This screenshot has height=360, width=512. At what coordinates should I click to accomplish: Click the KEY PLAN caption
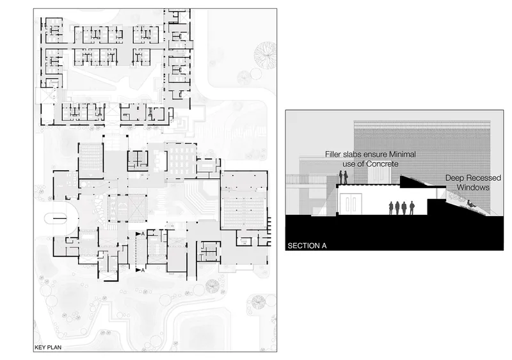coord(48,347)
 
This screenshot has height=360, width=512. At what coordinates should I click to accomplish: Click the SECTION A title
coord(307,246)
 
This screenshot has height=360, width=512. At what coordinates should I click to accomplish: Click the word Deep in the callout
coord(454,178)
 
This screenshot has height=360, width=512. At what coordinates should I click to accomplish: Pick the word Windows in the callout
coord(473,187)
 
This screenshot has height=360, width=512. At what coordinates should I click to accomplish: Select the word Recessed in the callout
coord(482,178)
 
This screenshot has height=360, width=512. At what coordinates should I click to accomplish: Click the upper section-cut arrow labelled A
coord(140,234)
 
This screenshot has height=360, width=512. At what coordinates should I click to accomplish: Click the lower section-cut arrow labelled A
coord(140,270)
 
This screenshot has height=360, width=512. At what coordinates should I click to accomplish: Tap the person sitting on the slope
coord(470,204)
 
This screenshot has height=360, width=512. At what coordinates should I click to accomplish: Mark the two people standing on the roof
coord(343,177)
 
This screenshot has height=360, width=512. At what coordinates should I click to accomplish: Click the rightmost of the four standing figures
coord(412,208)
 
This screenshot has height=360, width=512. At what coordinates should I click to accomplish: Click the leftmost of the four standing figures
coord(391,208)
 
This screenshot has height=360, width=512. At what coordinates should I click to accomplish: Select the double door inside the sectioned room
coord(350,204)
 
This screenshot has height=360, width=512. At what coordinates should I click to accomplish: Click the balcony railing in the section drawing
coord(307,179)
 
